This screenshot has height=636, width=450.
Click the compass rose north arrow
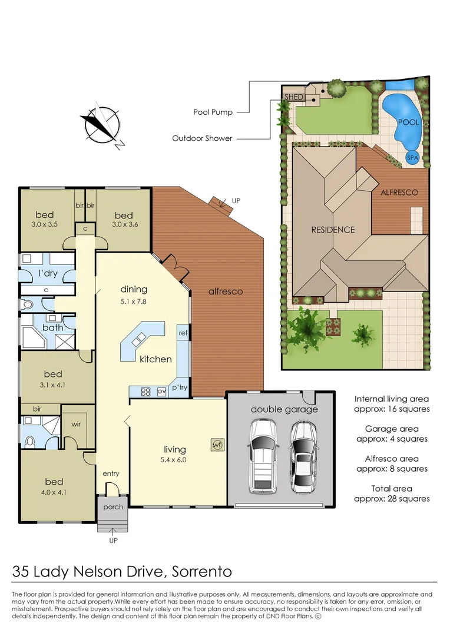point(101,125)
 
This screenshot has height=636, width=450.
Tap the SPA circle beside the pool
point(413,157)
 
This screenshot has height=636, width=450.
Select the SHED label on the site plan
point(294,97)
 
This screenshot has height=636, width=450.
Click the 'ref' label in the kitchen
point(183,333)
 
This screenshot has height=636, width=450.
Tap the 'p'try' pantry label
point(179,387)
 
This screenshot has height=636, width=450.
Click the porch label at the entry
point(113,506)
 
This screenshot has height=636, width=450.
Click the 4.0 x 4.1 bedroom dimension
point(52,486)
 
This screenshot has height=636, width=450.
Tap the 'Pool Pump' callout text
point(213,112)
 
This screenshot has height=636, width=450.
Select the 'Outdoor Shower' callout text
point(202,138)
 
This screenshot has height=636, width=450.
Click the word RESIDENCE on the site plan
point(333,230)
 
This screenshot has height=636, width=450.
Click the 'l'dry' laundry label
point(48,274)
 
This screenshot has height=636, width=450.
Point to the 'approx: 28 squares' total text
point(392,498)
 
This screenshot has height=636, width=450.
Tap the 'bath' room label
point(52,327)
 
